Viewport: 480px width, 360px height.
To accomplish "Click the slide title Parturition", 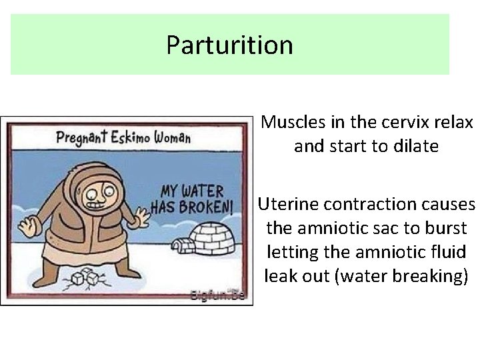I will coord(229,45).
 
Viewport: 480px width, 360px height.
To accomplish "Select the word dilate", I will coord(415,146).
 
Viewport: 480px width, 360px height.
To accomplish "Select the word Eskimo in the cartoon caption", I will coord(134,139).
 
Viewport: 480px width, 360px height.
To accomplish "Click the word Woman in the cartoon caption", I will coord(173,139).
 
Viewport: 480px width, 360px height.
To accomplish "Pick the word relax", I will coord(454,123).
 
